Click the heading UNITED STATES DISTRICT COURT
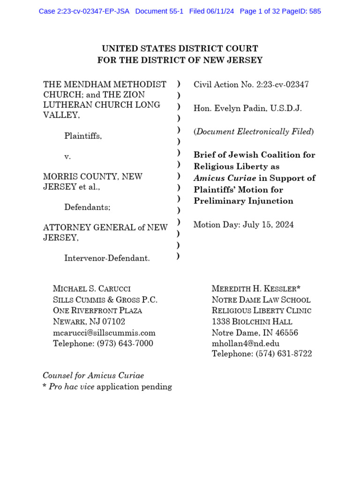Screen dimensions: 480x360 coord(180,49)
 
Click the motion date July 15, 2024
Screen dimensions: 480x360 coord(268,225)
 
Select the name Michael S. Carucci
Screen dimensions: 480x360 coord(92,288)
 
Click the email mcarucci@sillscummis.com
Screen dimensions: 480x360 coord(104,333)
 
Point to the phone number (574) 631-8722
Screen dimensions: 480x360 coord(284,354)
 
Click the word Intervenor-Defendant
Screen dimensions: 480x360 coord(107,258)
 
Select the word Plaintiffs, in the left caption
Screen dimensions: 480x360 coord(83,136)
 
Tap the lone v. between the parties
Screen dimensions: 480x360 coord(67,157)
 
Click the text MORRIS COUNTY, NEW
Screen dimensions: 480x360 coord(93,177)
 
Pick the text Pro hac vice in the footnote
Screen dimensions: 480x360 coord(71,387)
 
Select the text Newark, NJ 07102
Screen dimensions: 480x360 coord(89,322)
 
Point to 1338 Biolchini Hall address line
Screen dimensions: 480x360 coord(252,322)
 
